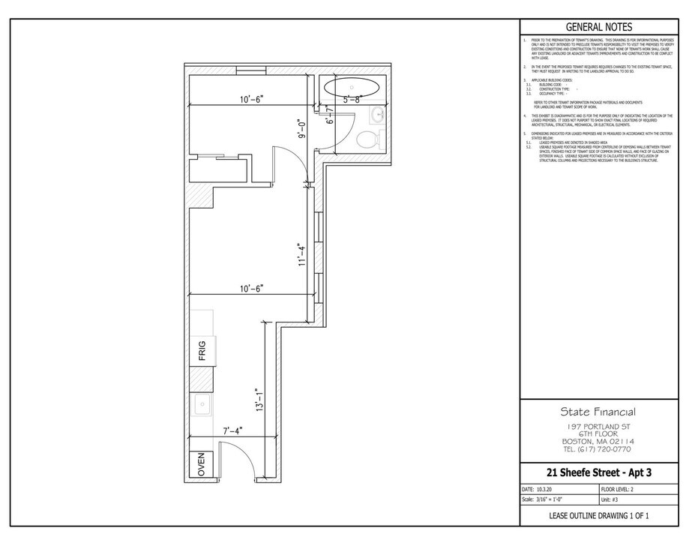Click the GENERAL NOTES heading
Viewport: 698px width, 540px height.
coord(599,26)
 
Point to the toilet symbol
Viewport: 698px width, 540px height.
coord(369,139)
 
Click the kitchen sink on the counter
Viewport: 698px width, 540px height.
coord(201,406)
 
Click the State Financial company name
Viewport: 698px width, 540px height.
coord(599,412)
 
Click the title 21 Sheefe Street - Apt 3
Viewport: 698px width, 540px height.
coord(599,472)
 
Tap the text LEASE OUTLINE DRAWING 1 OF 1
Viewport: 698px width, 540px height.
coord(599,516)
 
